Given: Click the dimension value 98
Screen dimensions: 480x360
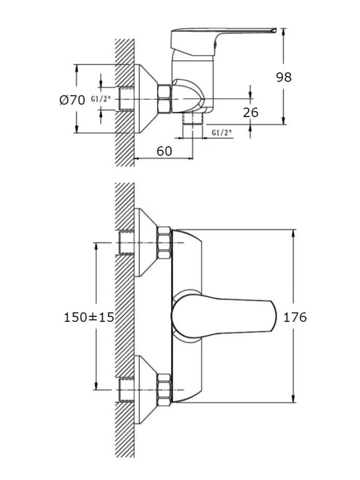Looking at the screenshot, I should click(x=284, y=77).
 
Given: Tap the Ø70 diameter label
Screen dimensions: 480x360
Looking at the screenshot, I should click(x=72, y=100).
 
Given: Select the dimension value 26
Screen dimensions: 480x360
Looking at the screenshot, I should click(x=251, y=112).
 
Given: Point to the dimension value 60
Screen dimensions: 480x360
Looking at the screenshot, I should click(x=164, y=151).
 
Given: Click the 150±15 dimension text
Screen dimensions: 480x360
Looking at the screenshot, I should click(x=89, y=317).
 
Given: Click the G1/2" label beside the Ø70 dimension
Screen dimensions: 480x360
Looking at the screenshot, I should click(x=101, y=100).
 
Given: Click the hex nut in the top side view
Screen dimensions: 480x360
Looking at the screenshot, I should click(x=164, y=99).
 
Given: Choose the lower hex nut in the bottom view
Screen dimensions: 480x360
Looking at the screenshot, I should click(x=164, y=390).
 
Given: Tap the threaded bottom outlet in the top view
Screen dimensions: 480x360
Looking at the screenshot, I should click(x=193, y=119).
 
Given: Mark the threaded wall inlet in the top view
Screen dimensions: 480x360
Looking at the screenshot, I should click(x=126, y=99).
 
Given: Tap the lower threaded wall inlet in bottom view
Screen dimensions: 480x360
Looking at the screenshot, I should click(x=126, y=390).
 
